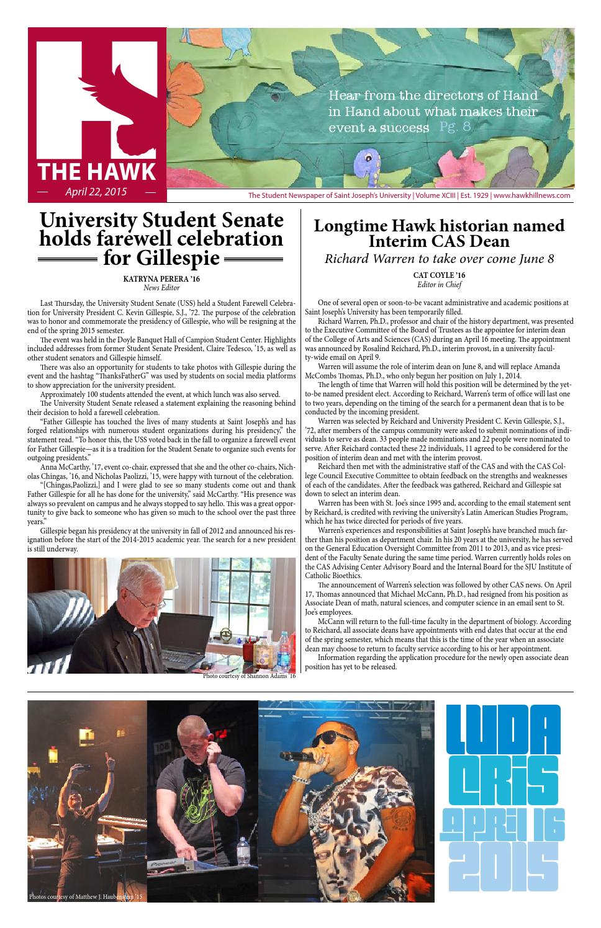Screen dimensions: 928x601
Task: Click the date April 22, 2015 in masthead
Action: [x=96, y=192]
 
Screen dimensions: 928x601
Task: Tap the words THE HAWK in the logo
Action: [x=96, y=171]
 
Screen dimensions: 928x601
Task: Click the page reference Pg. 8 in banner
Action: [x=455, y=127]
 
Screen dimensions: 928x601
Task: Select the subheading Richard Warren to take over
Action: [x=439, y=259]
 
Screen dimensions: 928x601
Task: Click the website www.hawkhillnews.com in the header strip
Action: [x=532, y=195]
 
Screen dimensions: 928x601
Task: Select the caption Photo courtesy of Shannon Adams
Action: [x=249, y=676]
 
